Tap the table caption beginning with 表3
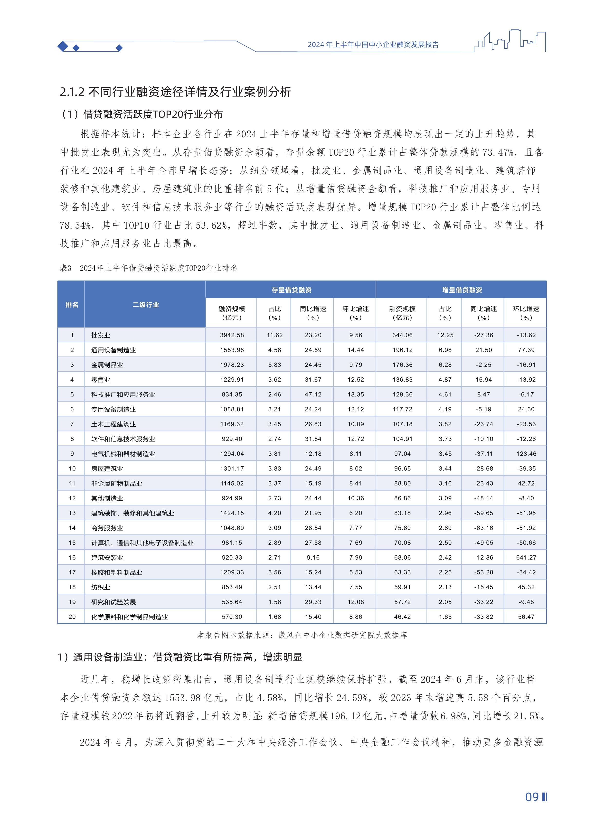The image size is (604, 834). tap(148, 268)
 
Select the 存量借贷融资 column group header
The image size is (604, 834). tap(291, 290)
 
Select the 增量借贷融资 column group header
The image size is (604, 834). tap(462, 290)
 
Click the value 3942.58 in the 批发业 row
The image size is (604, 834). tap(232, 335)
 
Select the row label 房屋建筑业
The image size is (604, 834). tap(107, 469)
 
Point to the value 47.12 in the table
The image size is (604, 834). tap(313, 394)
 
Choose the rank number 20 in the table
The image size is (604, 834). tap(72, 617)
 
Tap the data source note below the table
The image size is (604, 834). tap(302, 635)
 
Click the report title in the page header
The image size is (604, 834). tap(373, 45)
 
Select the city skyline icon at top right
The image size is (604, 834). tap(510, 41)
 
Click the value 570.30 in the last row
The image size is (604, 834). tap(232, 617)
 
